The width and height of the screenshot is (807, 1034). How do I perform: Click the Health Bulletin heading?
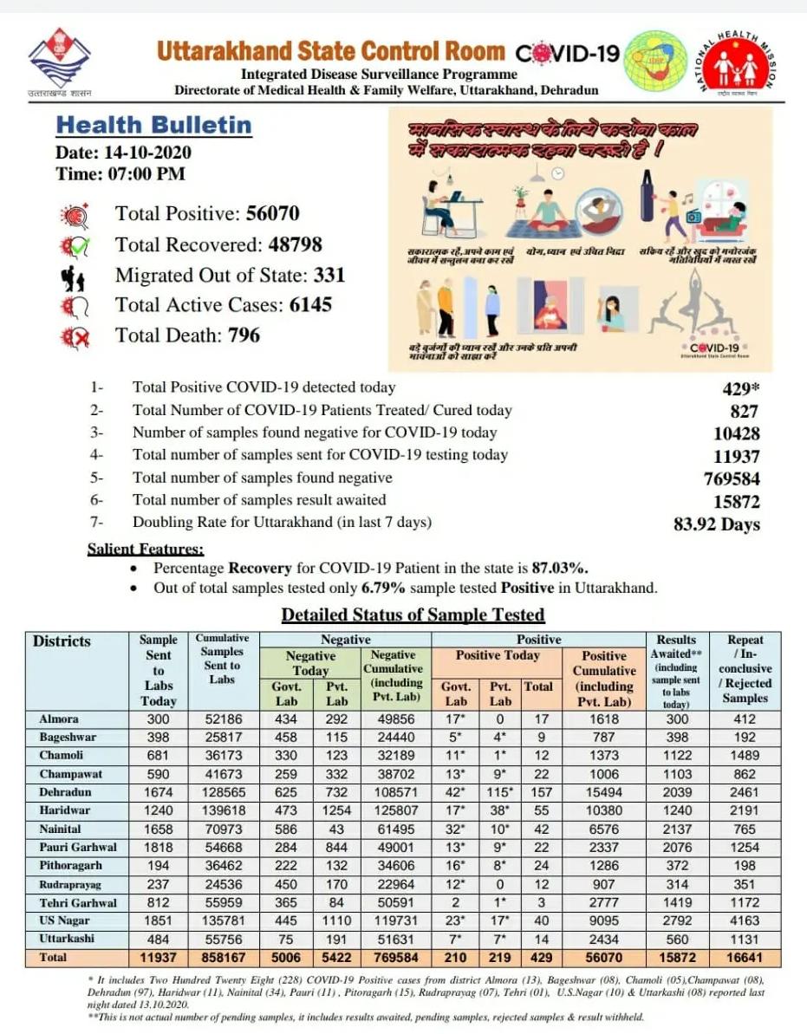pyautogui.click(x=153, y=125)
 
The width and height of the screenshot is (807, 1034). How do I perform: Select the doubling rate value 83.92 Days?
pyautogui.click(x=716, y=524)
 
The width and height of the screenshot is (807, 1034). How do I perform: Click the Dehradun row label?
pyautogui.click(x=65, y=791)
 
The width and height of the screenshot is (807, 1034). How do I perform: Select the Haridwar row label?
pyautogui.click(x=65, y=810)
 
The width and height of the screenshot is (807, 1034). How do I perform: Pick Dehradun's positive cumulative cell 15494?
pyautogui.click(x=604, y=791)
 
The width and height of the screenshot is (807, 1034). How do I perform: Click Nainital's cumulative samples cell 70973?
pyautogui.click(x=222, y=828)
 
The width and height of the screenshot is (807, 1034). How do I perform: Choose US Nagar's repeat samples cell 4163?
pyautogui.click(x=745, y=920)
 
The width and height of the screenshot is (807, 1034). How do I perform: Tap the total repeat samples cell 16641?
pyautogui.click(x=745, y=958)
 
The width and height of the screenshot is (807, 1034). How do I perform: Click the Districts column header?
pyautogui.click(x=62, y=641)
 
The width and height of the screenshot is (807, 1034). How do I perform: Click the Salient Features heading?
pyautogui.click(x=146, y=549)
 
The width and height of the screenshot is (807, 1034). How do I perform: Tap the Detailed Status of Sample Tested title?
pyautogui.click(x=413, y=615)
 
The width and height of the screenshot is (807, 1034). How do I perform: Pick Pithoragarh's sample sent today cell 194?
pyautogui.click(x=158, y=865)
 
